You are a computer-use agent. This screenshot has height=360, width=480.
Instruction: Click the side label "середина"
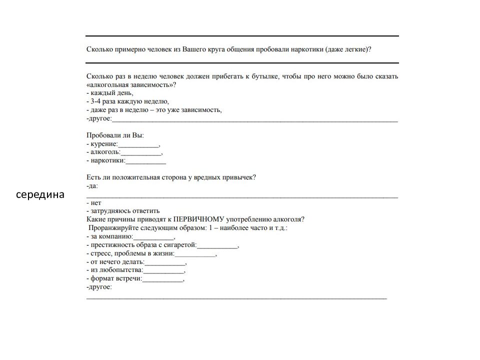40,194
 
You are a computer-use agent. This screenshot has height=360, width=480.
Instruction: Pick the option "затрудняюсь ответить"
123,211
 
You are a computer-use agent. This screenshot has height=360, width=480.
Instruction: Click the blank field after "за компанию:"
153,236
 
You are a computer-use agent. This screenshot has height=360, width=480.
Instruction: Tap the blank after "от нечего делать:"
165,262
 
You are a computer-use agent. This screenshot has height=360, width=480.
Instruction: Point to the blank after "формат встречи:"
163,279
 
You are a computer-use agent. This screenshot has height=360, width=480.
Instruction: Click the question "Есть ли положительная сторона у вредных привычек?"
171,177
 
